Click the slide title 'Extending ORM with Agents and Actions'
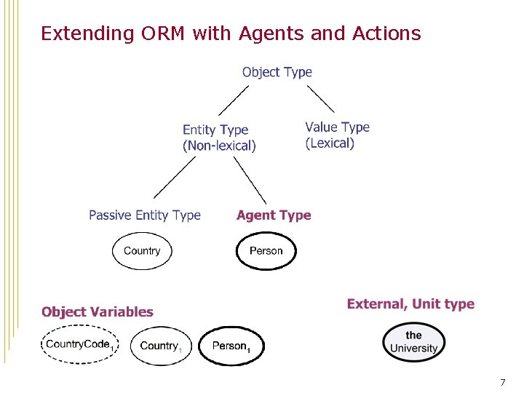click(x=231, y=33)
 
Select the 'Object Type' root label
click(x=277, y=72)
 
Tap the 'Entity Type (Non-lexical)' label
click(x=219, y=138)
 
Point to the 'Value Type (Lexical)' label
click(x=337, y=135)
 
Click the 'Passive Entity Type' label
click(x=145, y=215)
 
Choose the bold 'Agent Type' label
click(x=274, y=215)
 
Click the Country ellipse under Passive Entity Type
click(x=142, y=251)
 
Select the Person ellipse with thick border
click(x=266, y=251)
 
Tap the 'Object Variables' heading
click(x=98, y=312)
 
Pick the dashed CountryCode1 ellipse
click(x=79, y=345)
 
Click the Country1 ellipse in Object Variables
click(x=160, y=346)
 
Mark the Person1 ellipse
click(x=231, y=346)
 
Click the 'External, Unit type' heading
click(x=410, y=304)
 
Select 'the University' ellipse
click(x=413, y=341)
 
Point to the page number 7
click(x=502, y=382)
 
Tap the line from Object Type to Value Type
click(x=320, y=98)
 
